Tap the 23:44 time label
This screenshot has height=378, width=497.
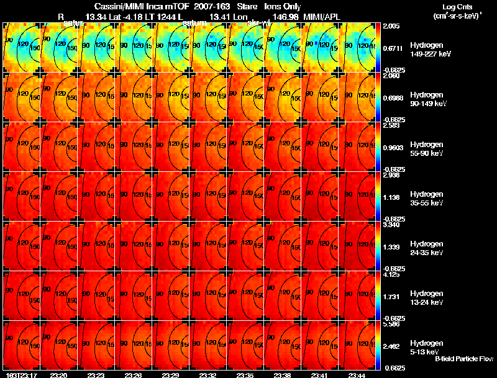click(x=356, y=375)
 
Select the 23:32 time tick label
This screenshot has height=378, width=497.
click(x=207, y=375)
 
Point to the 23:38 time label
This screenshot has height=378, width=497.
click(x=282, y=375)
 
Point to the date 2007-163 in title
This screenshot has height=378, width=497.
click(x=212, y=6)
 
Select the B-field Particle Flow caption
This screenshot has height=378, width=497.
click(x=463, y=359)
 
